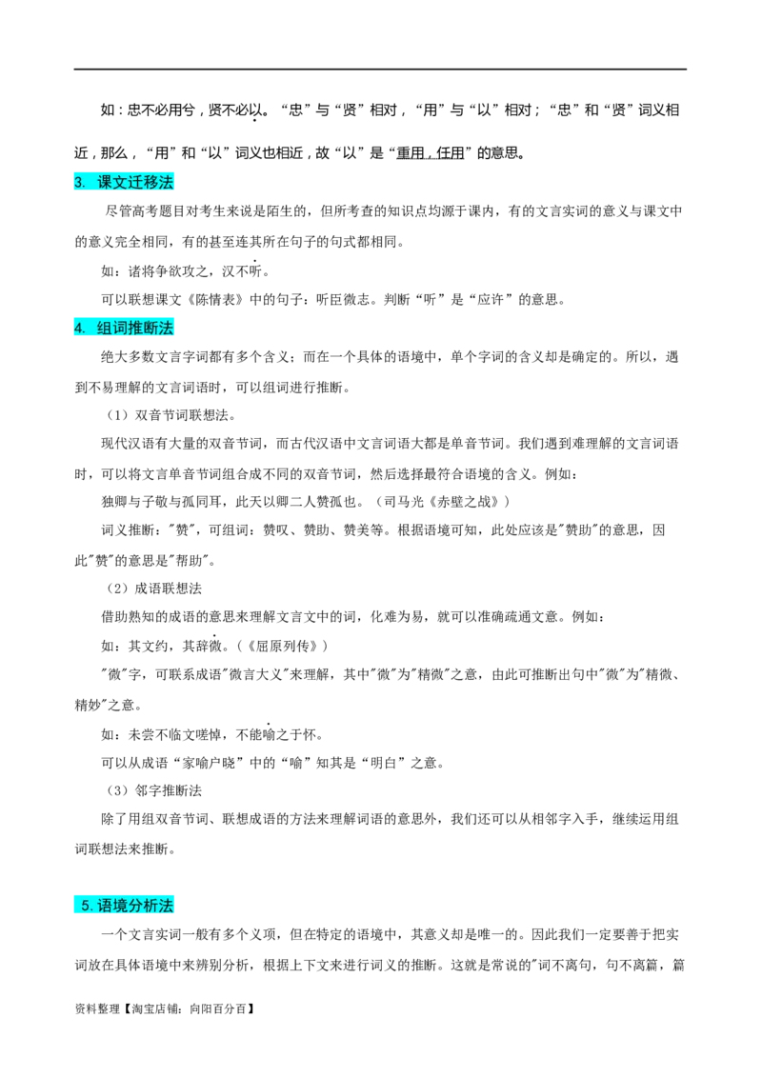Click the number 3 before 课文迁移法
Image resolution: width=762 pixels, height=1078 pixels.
(x=78, y=182)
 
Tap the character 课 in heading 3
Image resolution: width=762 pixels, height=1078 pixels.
(x=105, y=182)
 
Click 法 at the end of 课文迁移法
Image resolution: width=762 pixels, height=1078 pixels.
(x=166, y=182)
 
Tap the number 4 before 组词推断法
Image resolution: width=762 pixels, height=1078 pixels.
(x=79, y=329)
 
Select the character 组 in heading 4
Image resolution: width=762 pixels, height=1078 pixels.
(x=105, y=329)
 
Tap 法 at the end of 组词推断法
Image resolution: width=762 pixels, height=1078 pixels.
(x=166, y=329)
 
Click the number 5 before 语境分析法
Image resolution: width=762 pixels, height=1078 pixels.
(x=86, y=906)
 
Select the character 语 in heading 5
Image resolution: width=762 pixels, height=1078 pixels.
(x=105, y=906)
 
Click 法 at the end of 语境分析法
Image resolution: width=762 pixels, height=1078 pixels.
(x=166, y=906)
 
